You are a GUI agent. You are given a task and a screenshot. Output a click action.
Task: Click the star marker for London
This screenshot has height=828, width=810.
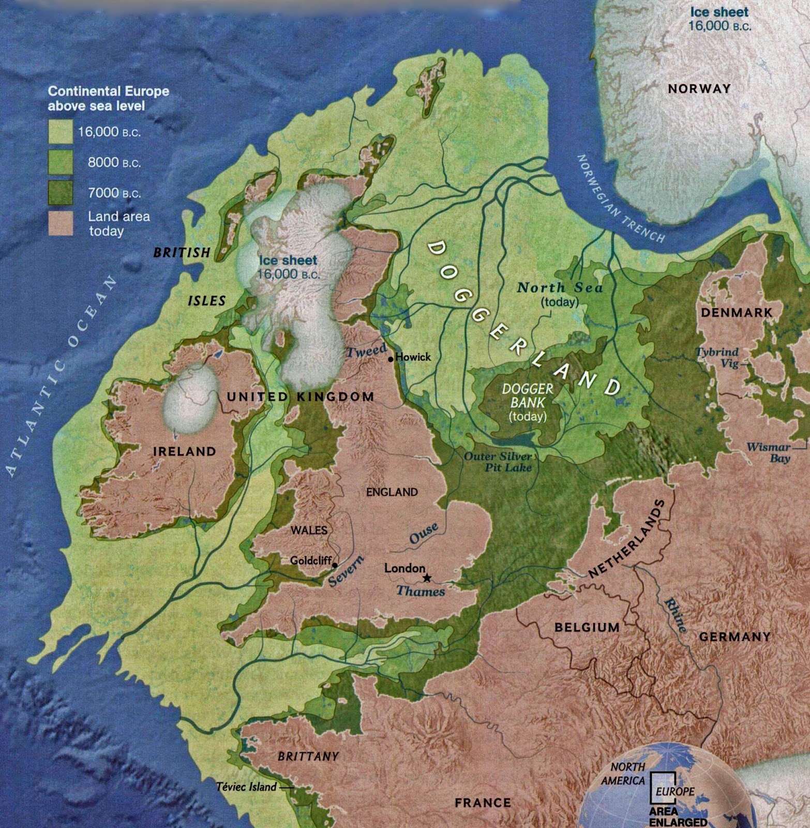tap(427, 578)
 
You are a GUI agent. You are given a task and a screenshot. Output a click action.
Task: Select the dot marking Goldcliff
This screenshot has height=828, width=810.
tap(335, 565)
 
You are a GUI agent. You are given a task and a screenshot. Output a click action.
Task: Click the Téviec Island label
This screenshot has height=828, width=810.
tap(246, 787)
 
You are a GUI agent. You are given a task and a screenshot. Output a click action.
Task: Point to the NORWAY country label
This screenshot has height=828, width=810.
tap(699, 89)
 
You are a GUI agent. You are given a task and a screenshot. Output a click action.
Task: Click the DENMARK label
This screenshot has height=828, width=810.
tap(737, 313)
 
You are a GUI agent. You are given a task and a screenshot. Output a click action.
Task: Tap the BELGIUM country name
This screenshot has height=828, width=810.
tap(587, 628)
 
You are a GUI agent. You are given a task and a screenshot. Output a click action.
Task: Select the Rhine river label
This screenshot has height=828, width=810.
tap(676, 615)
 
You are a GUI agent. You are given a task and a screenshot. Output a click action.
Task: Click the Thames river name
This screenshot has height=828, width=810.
tap(421, 592)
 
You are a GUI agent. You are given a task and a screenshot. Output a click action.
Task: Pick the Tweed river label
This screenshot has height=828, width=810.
tap(366, 351)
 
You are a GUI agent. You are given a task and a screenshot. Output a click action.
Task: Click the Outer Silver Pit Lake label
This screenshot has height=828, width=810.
tap(499, 462)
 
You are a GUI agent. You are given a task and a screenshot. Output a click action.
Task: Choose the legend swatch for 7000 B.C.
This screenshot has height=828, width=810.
tap(61, 193)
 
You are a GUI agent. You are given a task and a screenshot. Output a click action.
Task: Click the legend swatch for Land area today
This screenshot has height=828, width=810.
tap(61, 223)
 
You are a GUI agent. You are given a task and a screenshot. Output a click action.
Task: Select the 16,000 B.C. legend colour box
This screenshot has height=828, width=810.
tap(61, 131)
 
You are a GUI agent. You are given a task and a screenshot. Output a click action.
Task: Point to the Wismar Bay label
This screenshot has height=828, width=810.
tap(769, 453)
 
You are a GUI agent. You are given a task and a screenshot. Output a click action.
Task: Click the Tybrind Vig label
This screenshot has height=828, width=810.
tap(717, 357)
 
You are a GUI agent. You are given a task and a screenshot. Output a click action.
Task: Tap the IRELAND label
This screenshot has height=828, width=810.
tap(185, 451)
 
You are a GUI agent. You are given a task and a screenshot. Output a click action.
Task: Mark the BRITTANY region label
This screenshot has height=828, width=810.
tap(308, 757)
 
